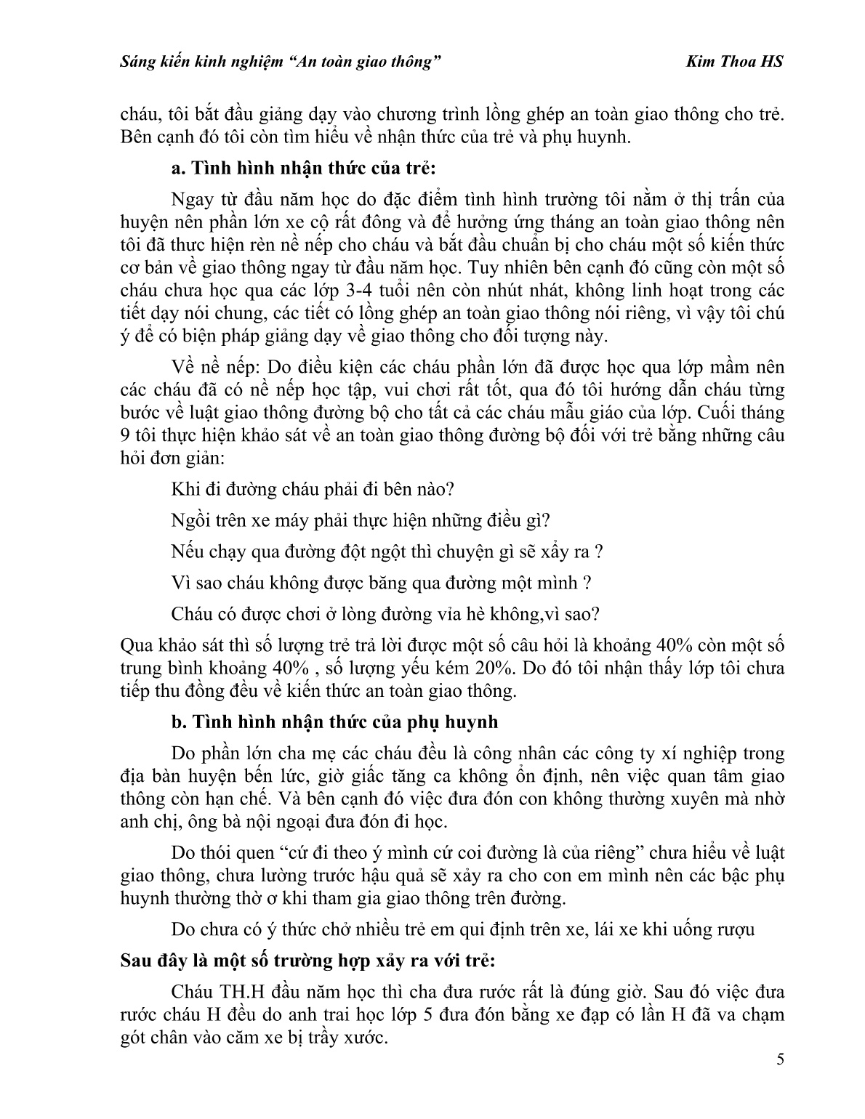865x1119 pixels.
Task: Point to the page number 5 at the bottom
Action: tap(780, 1079)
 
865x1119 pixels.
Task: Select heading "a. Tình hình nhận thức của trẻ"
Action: tap(304, 169)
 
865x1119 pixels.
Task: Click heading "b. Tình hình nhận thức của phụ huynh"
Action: tap(334, 722)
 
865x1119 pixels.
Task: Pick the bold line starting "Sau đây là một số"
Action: tap(307, 960)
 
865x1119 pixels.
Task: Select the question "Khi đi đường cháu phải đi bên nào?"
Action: tap(313, 489)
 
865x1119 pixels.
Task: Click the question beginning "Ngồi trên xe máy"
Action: tap(361, 520)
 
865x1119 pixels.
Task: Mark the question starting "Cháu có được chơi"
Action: tap(385, 614)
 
